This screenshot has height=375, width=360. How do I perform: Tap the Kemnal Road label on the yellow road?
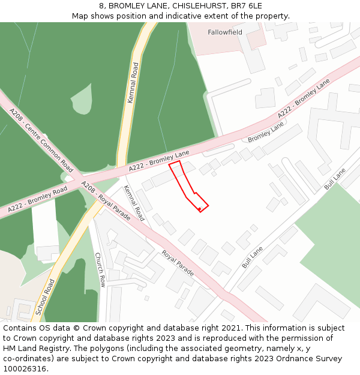point(133,83)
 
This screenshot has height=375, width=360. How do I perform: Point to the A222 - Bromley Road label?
point(37,200)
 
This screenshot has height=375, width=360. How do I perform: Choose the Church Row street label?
point(100,269)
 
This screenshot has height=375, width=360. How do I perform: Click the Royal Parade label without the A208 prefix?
point(178,263)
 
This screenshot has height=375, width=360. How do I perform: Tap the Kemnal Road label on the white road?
point(134,203)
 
